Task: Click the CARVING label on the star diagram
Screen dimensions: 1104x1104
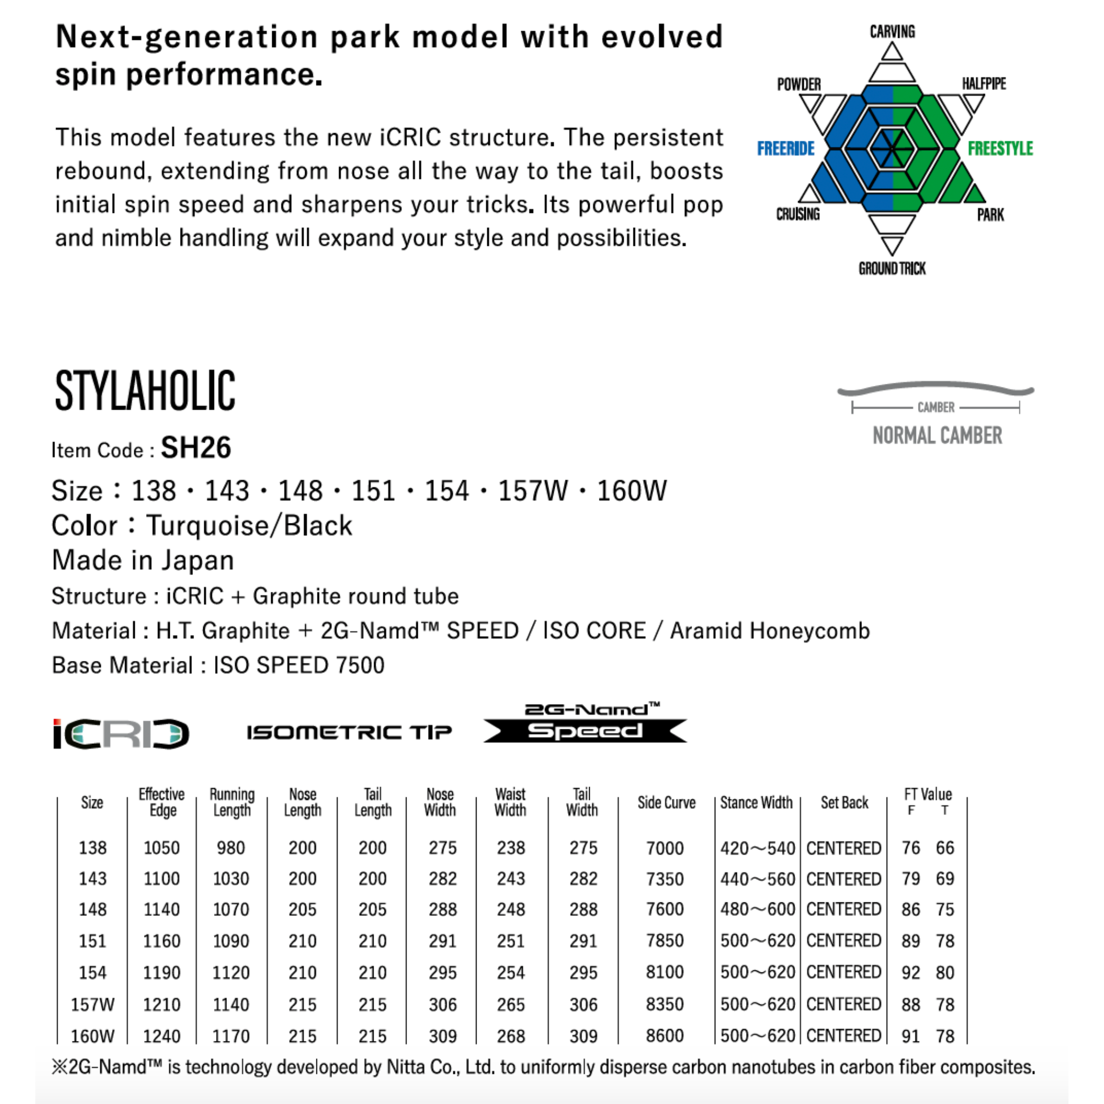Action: [892, 31]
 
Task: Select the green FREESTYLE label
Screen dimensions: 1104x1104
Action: [1000, 149]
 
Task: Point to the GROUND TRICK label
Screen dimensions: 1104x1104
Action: [892, 268]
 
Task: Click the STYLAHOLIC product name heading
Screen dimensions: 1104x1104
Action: [144, 390]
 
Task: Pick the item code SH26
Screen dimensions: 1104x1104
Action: [196, 447]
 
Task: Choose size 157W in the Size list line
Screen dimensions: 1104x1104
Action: [533, 491]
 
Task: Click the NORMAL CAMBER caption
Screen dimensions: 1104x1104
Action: [937, 436]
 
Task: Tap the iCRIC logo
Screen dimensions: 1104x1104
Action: [121, 733]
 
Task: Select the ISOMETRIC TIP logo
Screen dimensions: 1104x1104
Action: [349, 732]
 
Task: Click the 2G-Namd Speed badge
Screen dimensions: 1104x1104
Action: [585, 723]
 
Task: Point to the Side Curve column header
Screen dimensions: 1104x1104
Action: [666, 803]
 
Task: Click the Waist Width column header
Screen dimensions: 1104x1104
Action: [510, 802]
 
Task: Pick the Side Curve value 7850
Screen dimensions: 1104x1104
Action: [665, 941]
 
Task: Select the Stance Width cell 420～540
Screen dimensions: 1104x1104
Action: [757, 848]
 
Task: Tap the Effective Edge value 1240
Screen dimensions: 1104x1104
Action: [162, 1036]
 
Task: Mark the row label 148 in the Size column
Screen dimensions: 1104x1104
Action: [93, 909]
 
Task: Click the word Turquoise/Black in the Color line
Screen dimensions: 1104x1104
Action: [249, 526]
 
